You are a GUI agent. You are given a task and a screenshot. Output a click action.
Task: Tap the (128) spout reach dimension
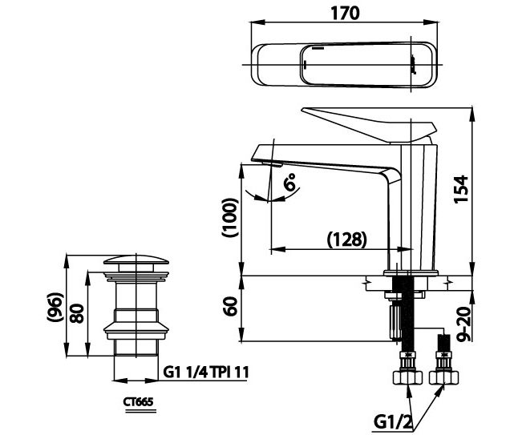click(x=347, y=238)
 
